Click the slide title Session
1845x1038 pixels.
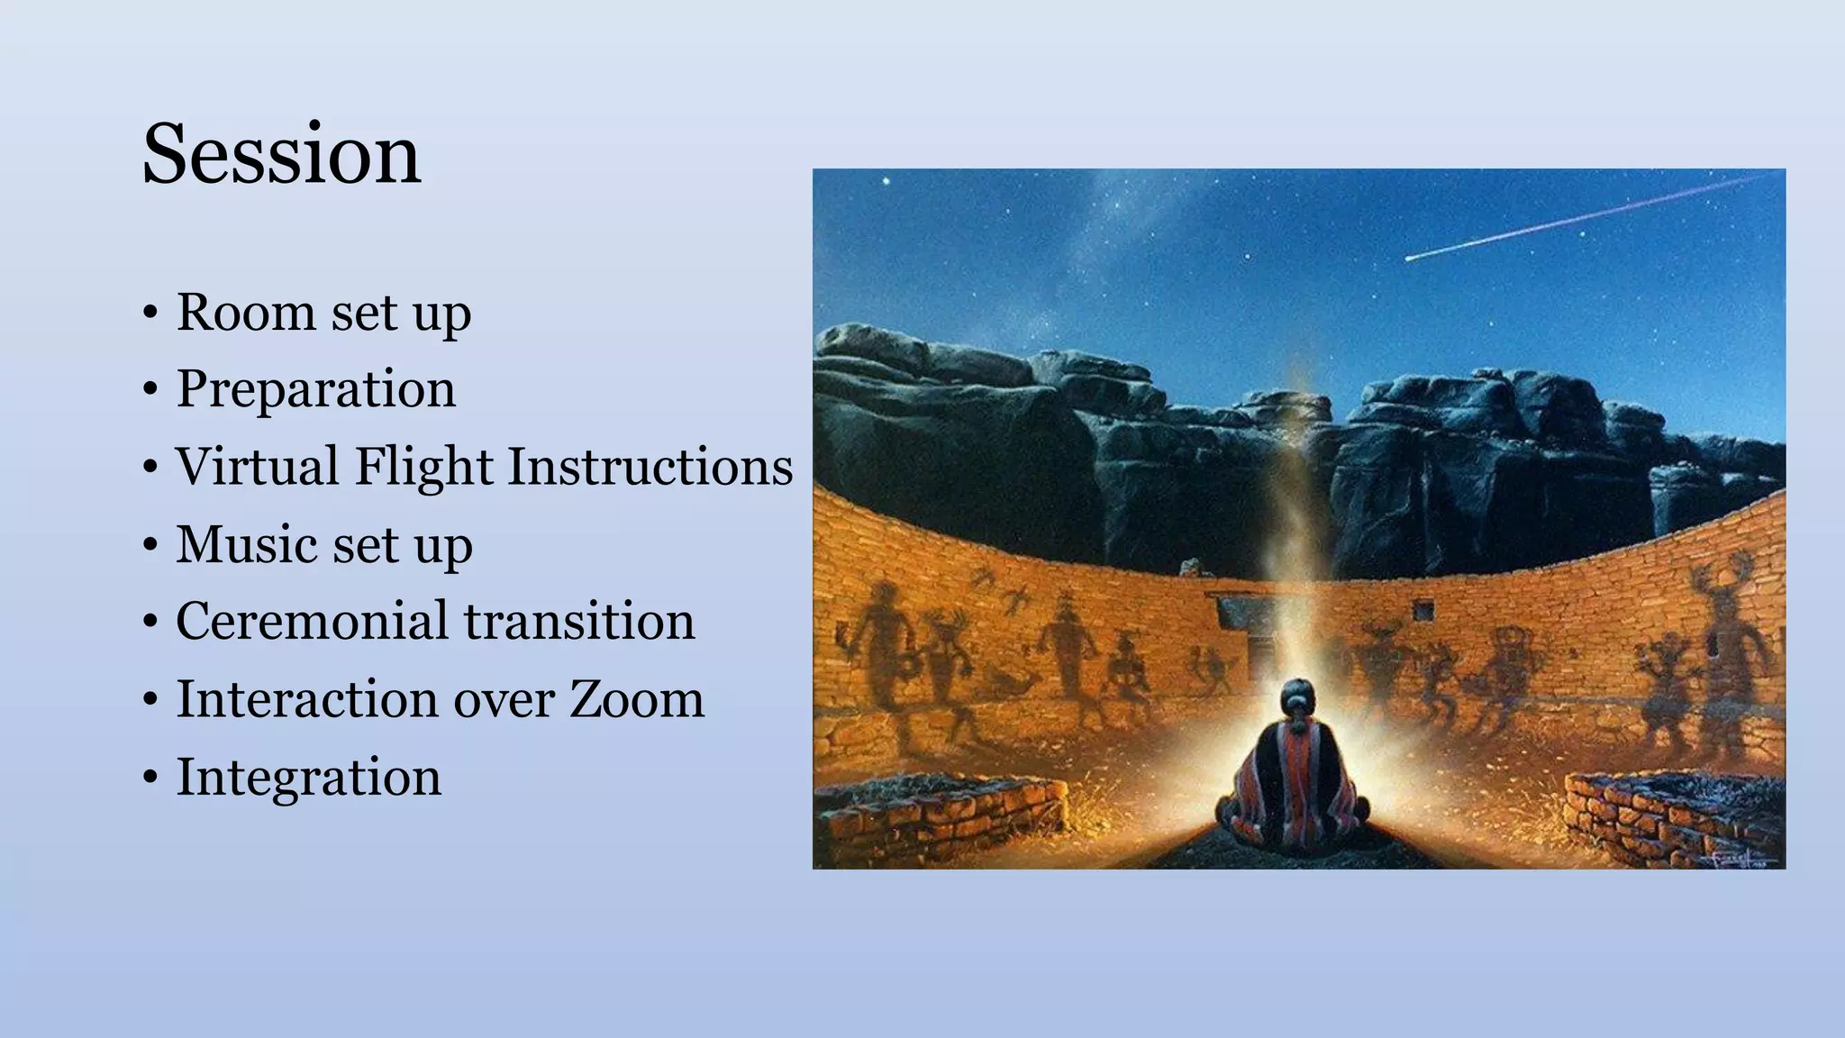coord(281,154)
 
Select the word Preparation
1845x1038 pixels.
coord(315,389)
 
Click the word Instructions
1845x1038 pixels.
coord(650,467)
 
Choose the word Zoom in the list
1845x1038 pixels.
coord(636,699)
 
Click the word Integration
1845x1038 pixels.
coord(309,777)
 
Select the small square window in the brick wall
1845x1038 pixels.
coord(1423,612)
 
